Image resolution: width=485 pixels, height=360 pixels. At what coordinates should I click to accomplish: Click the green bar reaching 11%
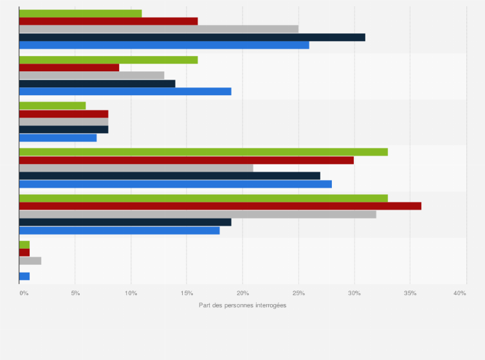point(80,14)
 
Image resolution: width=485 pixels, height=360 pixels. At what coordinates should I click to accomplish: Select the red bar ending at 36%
point(220,206)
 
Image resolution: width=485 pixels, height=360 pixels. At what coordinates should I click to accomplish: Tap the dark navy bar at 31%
point(192,37)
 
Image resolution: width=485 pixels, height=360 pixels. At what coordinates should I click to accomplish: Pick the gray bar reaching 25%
point(158,29)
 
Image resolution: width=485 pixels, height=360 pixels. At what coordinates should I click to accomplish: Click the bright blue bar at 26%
point(164,45)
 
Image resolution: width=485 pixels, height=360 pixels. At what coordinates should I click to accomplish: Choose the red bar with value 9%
point(69,67)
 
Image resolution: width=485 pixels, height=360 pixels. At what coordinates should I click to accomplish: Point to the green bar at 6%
point(52,105)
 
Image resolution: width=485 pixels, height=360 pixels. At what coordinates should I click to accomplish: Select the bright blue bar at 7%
point(58,138)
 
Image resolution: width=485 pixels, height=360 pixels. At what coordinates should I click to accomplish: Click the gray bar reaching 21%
point(136,168)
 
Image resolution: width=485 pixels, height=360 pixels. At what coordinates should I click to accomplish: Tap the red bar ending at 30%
point(186,160)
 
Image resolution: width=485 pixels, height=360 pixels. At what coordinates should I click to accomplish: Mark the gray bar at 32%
point(197,214)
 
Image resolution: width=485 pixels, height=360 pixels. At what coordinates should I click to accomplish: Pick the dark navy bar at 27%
point(169,175)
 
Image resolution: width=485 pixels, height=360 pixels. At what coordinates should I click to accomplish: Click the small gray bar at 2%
point(30,260)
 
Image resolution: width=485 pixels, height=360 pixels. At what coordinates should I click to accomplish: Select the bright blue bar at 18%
point(119,230)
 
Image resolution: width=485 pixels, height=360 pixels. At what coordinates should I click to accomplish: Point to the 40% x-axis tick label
point(459,293)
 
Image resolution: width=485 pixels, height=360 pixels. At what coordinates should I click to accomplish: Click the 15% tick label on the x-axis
point(187,293)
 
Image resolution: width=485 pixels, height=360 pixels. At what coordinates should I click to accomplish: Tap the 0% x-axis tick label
point(24,293)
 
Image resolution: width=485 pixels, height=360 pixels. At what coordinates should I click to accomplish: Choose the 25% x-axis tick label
point(298,293)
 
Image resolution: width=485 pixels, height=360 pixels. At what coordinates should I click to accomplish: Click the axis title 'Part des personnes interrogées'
point(243,305)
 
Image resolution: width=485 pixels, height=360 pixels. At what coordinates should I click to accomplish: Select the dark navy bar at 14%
point(97,83)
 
